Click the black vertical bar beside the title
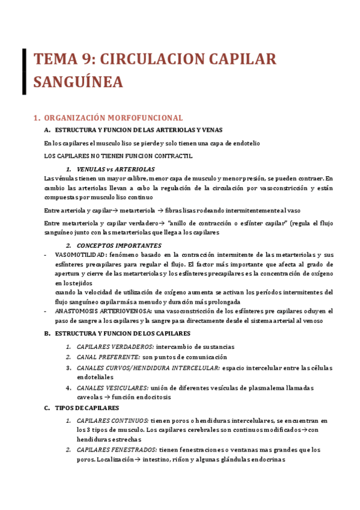(x=24, y=71)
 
